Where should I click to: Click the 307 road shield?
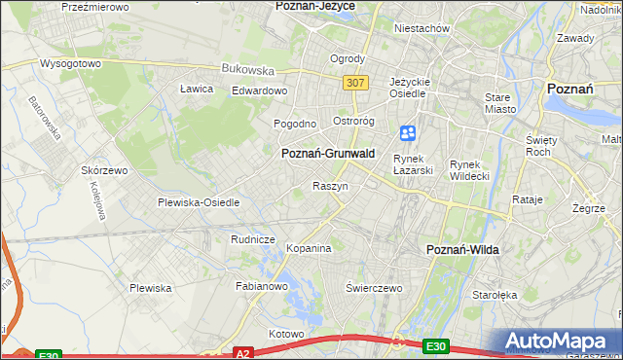[x=355, y=84]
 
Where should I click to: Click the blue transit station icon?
[x=408, y=132]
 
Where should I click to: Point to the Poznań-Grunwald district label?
[x=327, y=154]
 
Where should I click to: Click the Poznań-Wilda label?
[x=463, y=250]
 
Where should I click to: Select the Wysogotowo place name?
[x=71, y=63]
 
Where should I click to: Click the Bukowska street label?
[x=248, y=69]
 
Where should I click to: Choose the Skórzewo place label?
[x=106, y=170]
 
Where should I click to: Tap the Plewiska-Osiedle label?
[x=199, y=202]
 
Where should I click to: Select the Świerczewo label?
[x=375, y=288]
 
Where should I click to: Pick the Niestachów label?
[x=421, y=28]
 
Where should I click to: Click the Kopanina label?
[x=309, y=249]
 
